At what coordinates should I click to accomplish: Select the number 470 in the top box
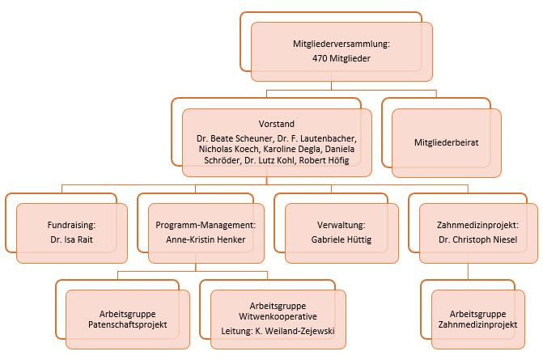tap(322, 59)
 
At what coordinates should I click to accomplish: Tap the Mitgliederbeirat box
tap(446, 142)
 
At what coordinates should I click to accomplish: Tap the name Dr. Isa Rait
tap(72, 239)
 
